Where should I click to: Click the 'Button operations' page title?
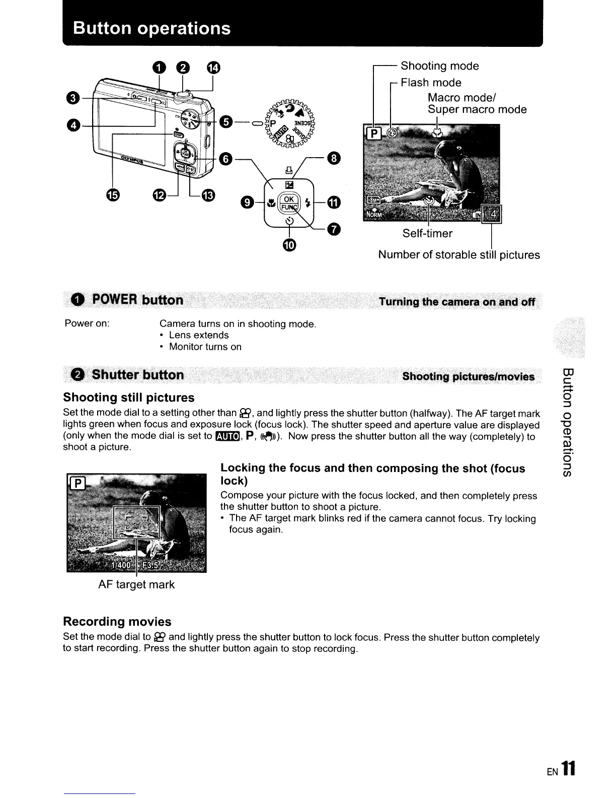151,28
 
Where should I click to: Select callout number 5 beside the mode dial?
226,122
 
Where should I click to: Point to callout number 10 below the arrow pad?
290,245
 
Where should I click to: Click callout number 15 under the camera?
112,195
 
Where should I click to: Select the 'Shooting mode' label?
439,66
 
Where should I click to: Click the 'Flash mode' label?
431,82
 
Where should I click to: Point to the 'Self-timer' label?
427,233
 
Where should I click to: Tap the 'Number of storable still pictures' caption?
458,255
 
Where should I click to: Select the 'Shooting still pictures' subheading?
128,397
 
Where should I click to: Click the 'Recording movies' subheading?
117,621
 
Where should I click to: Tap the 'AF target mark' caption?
136,584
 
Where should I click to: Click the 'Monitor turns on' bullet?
205,347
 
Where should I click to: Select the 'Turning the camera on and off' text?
457,302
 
